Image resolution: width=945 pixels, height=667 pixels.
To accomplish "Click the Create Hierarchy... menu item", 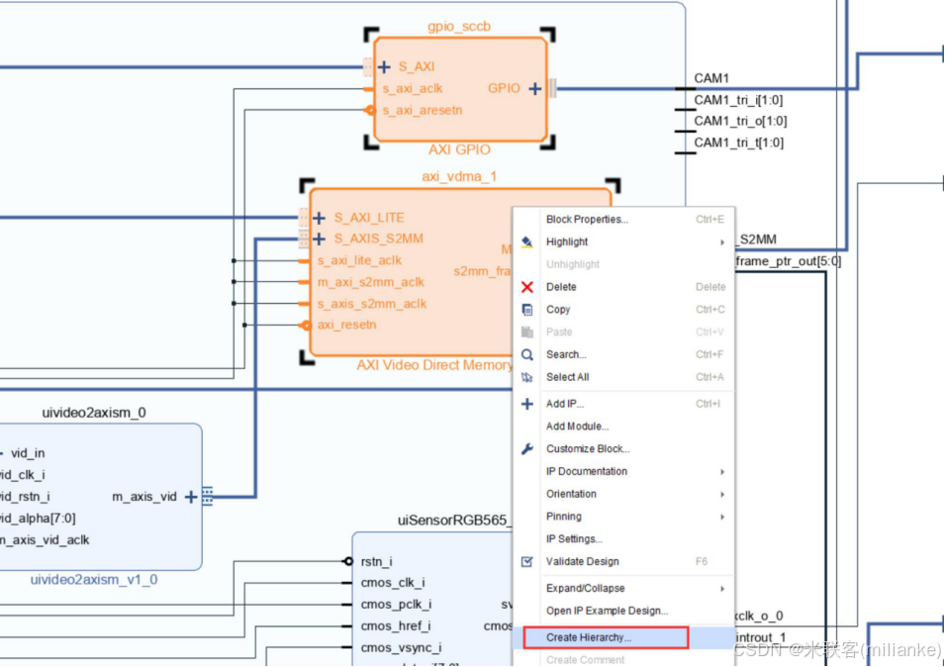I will pyautogui.click(x=589, y=637).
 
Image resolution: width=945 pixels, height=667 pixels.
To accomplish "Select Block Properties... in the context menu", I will pyautogui.click(x=587, y=219).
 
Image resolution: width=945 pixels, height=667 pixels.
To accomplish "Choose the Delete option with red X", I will pyautogui.click(x=561, y=287).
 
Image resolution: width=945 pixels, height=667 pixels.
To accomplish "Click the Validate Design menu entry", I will pyautogui.click(x=582, y=561).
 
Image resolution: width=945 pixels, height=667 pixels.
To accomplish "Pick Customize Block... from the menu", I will pyautogui.click(x=588, y=448).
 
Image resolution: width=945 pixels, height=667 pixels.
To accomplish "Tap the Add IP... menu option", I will pyautogui.click(x=565, y=404).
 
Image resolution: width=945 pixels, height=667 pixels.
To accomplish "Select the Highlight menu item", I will pyautogui.click(x=567, y=241).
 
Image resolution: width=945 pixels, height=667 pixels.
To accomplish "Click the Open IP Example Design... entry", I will pyautogui.click(x=607, y=611).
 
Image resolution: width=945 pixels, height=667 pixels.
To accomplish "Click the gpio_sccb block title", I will pyautogui.click(x=458, y=26).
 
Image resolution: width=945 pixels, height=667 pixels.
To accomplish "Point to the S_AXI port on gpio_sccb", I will pyautogui.click(x=416, y=67).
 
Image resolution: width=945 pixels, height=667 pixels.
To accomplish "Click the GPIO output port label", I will pyautogui.click(x=504, y=88).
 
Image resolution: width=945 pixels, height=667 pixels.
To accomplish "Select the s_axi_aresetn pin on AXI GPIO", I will pyautogui.click(x=422, y=110).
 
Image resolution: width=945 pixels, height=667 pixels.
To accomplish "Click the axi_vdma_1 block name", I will pyautogui.click(x=459, y=176).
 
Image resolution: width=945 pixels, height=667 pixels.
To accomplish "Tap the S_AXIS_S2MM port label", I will pyautogui.click(x=378, y=238).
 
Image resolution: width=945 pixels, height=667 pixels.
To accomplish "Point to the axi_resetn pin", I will pyautogui.click(x=346, y=325).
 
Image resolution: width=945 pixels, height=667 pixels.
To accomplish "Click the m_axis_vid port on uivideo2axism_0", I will pyautogui.click(x=145, y=496).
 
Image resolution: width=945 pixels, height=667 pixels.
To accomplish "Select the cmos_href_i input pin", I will pyautogui.click(x=394, y=625).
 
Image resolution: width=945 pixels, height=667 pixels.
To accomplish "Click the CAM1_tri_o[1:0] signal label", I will pyautogui.click(x=740, y=121).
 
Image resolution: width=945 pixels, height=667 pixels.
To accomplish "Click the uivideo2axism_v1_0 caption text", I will pyautogui.click(x=94, y=580).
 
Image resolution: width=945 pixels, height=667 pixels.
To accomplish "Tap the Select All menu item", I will pyautogui.click(x=567, y=377).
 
